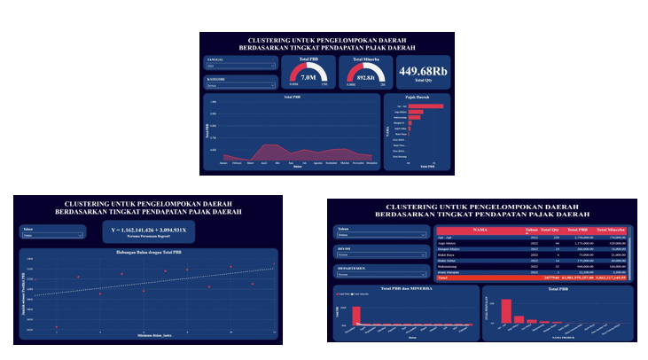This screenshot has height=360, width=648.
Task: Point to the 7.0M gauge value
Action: point(309,77)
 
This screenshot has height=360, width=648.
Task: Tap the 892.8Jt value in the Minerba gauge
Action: point(365,77)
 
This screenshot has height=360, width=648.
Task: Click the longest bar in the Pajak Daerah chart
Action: point(425,106)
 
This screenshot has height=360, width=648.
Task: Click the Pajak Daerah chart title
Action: point(417,97)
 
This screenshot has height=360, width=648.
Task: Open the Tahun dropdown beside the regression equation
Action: point(52,236)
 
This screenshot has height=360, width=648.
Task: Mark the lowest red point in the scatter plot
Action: point(57,327)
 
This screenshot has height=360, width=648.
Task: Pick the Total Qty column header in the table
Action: point(550,229)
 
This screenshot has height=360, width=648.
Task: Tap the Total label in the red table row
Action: point(444,277)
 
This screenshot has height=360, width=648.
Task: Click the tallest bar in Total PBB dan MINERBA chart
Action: point(358,315)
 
